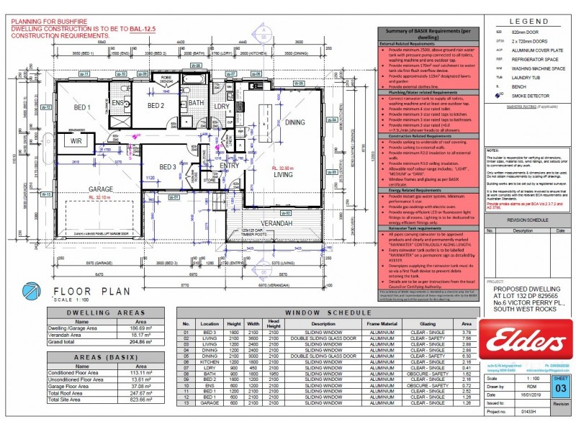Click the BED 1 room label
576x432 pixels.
click(81, 108)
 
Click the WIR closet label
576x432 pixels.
click(76, 142)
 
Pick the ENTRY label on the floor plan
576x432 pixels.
click(229, 166)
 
